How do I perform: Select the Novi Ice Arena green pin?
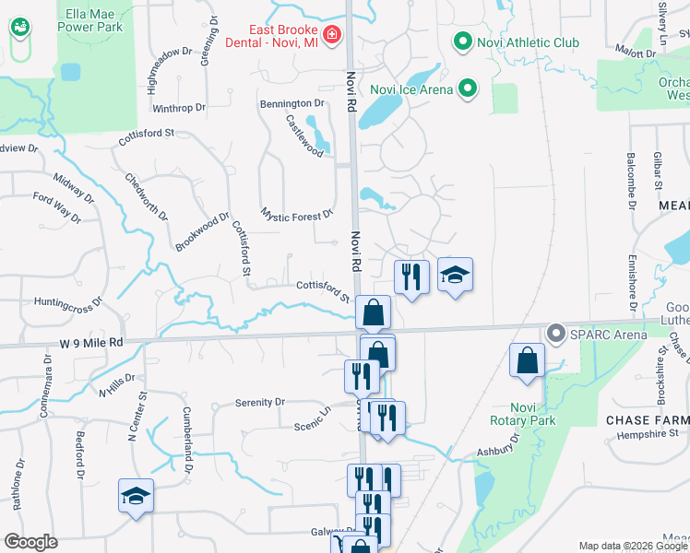(x=469, y=88)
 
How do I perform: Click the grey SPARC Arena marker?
(x=555, y=333)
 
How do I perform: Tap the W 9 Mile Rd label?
(x=89, y=342)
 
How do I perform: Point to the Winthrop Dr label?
(x=179, y=108)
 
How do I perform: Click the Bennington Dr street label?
(x=292, y=103)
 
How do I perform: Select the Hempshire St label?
(x=648, y=433)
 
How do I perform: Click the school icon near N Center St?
(x=136, y=496)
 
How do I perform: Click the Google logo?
(x=30, y=542)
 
